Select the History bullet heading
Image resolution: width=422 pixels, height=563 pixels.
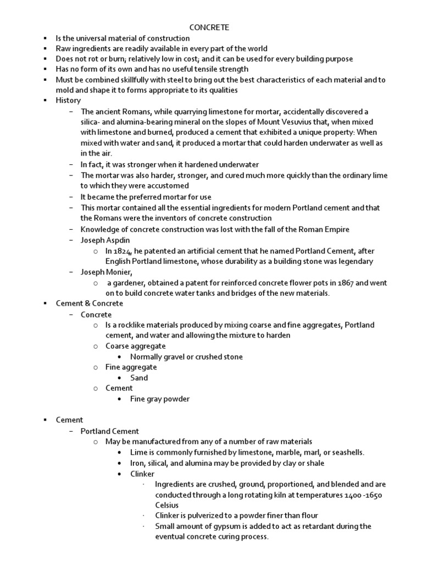[68, 101]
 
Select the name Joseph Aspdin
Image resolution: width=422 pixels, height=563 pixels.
[105, 240]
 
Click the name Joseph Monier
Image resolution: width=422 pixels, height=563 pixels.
[106, 272]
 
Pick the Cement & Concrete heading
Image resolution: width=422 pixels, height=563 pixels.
[89, 303]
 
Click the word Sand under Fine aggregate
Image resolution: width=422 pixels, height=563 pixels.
[139, 378]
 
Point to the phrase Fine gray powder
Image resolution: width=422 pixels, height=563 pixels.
[159, 399]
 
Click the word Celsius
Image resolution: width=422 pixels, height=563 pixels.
[167, 505]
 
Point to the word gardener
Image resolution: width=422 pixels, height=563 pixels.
[126, 283]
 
